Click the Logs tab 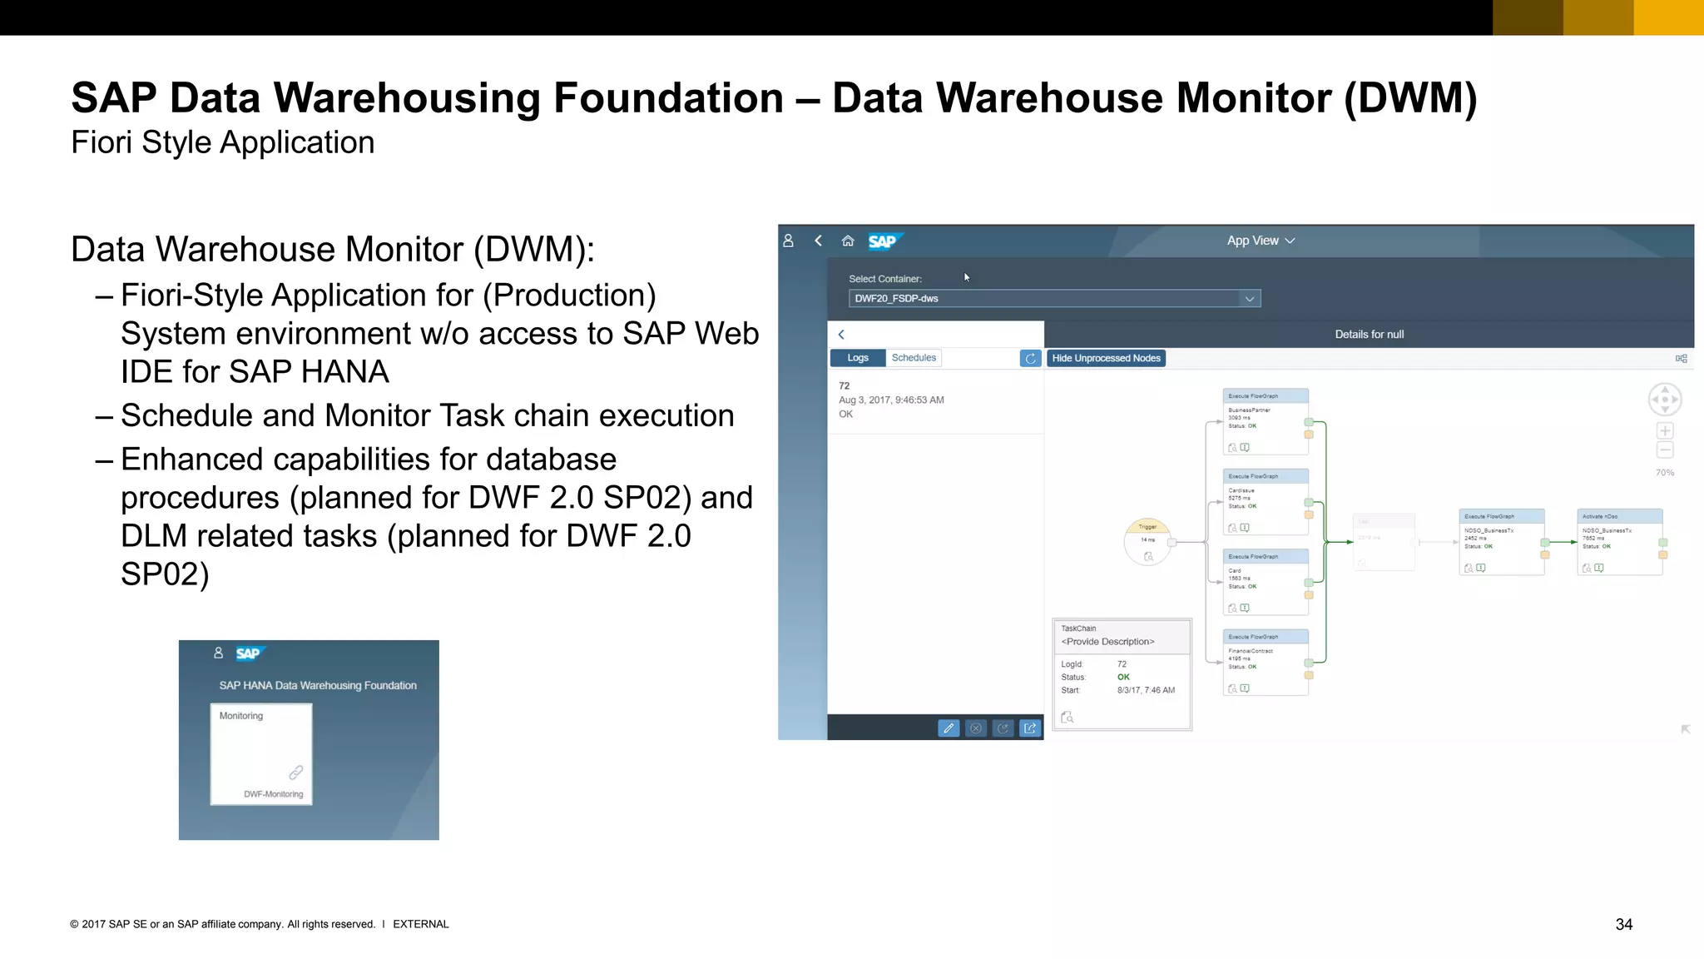point(857,358)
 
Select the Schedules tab point(914,358)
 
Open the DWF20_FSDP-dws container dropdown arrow point(1249,299)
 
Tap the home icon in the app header point(848,241)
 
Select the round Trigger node point(1147,541)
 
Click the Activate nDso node point(1619,541)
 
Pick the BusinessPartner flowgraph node point(1265,421)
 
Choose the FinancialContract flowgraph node point(1265,662)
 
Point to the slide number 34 point(1623,924)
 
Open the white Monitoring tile point(261,753)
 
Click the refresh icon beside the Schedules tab point(1030,358)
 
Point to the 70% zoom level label point(1664,473)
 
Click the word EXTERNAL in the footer point(420,924)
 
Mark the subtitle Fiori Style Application point(223,142)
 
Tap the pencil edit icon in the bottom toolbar point(948,728)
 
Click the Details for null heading point(1369,335)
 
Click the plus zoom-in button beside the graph point(1664,430)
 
